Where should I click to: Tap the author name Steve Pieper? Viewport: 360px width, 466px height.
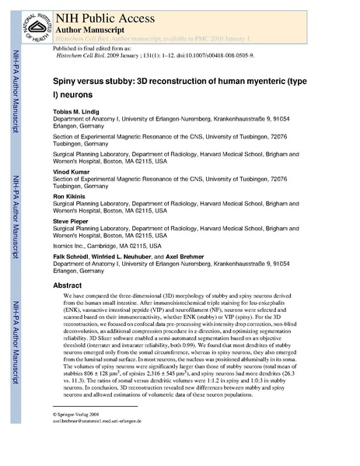click(x=71, y=223)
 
